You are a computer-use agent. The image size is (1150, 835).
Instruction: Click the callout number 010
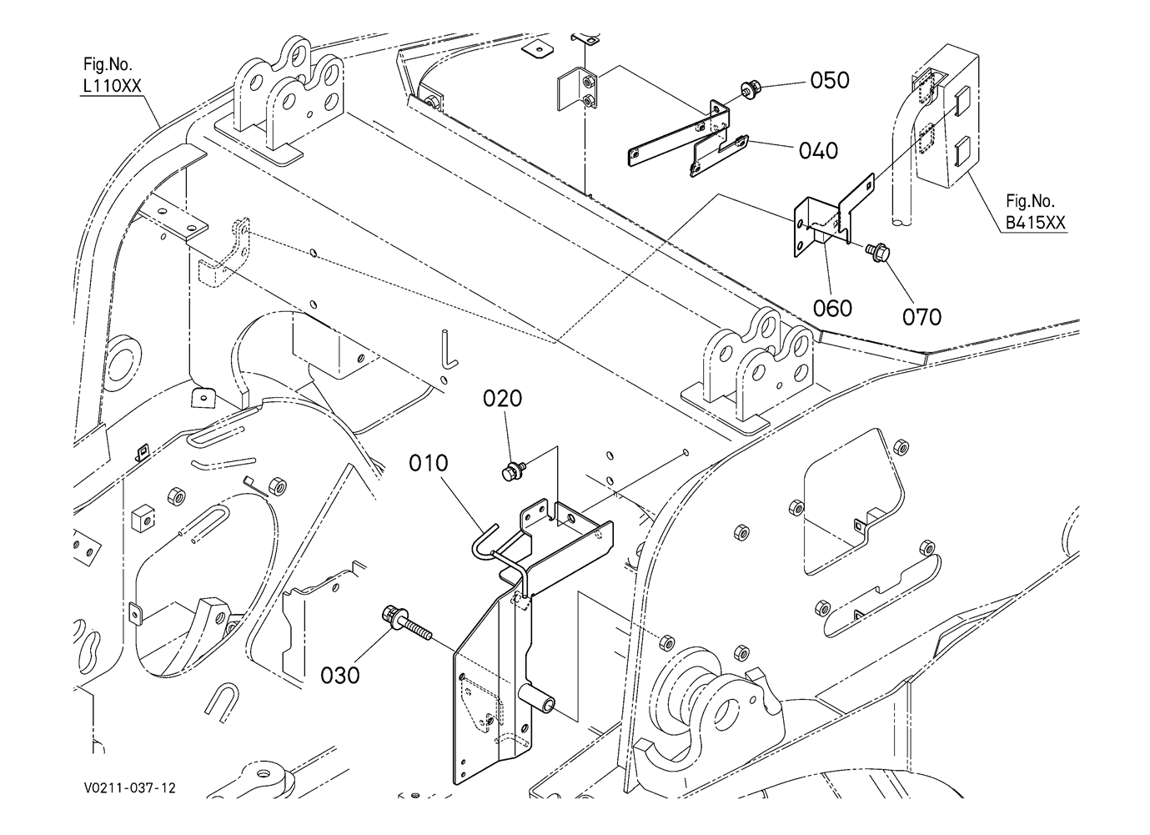point(429,463)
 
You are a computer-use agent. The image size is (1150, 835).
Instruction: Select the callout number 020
point(503,399)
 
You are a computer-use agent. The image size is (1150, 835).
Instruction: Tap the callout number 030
point(340,673)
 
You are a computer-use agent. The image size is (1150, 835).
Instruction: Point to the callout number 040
point(818,151)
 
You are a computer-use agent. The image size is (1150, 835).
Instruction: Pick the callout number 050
point(829,80)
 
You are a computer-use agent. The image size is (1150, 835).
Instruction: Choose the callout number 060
point(832,308)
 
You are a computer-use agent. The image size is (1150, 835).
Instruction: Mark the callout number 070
point(922,317)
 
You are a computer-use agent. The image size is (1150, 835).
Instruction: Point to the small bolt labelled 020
point(510,471)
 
